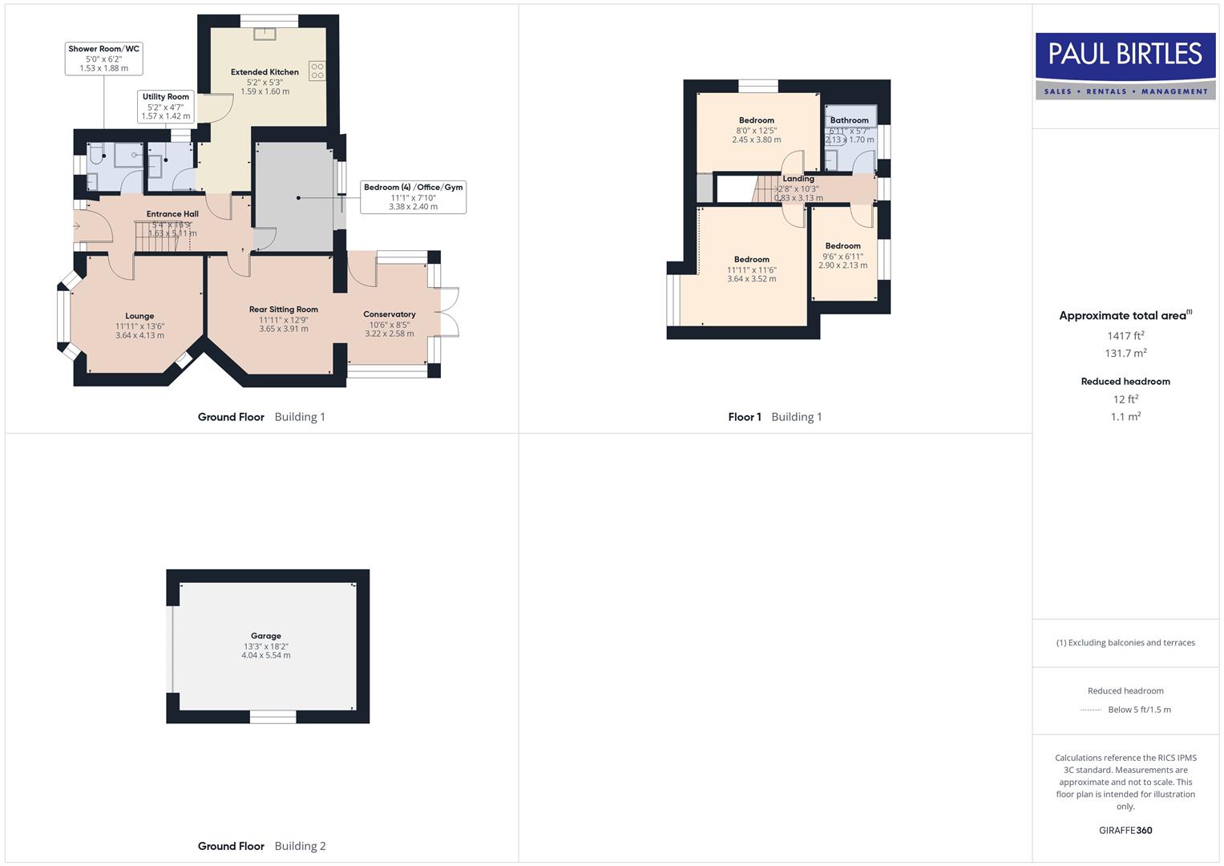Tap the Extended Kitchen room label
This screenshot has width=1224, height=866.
click(265, 72)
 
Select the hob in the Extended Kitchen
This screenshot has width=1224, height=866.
click(317, 71)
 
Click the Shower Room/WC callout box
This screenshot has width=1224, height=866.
click(103, 59)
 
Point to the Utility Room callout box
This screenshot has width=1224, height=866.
click(166, 106)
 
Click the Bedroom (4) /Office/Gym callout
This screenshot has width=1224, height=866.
click(413, 196)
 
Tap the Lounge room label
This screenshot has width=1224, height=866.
click(139, 316)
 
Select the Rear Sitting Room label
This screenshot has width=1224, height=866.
click(283, 310)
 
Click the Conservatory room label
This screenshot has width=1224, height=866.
click(389, 314)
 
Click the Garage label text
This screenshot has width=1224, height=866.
click(265, 636)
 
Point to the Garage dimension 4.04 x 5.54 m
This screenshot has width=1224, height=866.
click(265, 656)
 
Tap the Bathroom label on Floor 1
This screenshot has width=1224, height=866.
click(849, 120)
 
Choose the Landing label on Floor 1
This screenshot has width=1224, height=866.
click(798, 179)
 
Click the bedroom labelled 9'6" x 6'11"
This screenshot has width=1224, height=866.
click(842, 256)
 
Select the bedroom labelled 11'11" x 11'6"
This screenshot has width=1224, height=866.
click(751, 269)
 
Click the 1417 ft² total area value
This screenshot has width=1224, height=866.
click(1125, 336)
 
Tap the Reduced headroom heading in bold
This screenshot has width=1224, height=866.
click(1125, 382)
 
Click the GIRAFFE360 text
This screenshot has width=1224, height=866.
click(1125, 831)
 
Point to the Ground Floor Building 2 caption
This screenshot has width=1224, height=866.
click(261, 846)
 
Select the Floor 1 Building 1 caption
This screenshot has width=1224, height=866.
click(774, 417)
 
